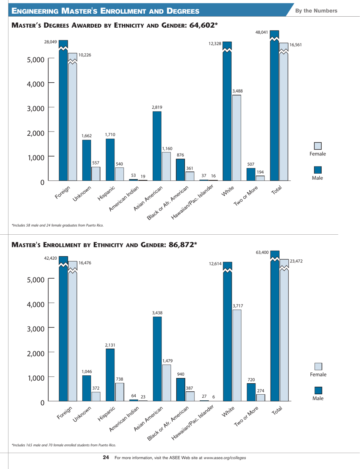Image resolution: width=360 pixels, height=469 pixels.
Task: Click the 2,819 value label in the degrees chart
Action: [157, 108]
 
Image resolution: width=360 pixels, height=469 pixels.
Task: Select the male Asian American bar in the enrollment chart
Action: [157, 358]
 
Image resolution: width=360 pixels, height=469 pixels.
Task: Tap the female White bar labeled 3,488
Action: [236, 138]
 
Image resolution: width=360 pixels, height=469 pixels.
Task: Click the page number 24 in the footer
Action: [106, 458]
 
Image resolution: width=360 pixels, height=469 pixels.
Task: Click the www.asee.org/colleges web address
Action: [225, 458]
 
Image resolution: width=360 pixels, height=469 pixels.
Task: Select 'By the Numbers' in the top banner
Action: [321, 10]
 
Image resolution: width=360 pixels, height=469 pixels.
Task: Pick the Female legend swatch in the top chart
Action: [318, 146]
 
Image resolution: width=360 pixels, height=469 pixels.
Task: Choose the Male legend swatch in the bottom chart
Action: [318, 390]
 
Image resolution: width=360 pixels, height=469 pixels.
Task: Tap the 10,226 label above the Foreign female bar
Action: [85, 55]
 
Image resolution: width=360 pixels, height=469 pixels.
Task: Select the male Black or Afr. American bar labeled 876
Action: [180, 169]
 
